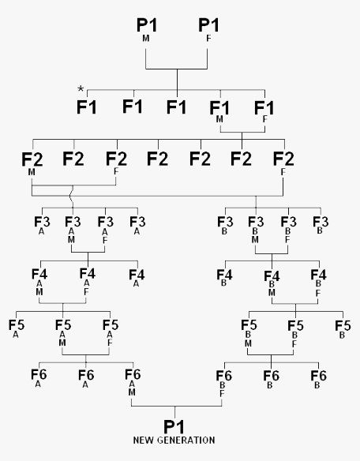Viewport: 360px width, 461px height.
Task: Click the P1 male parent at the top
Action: [x=147, y=28]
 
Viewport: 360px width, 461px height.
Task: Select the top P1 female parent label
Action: [x=208, y=28]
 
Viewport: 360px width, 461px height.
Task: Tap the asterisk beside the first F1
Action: [x=81, y=88]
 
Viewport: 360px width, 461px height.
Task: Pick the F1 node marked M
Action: [x=219, y=111]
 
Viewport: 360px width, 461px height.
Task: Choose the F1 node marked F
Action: [x=264, y=111]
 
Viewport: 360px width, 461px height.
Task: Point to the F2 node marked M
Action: [x=32, y=163]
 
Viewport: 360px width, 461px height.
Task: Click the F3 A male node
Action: [x=73, y=230]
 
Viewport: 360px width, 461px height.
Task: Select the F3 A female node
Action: [x=105, y=230]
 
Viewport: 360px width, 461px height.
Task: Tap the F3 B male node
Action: [x=256, y=230]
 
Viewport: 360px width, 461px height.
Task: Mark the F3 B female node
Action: [x=288, y=230]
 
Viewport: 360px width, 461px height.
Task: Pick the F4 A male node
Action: [x=39, y=283]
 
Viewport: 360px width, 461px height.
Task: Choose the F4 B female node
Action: [x=318, y=283]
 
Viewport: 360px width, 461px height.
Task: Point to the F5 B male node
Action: [x=249, y=333]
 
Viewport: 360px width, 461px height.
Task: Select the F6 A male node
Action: [x=133, y=382]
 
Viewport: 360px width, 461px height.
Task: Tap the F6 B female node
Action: [x=224, y=384]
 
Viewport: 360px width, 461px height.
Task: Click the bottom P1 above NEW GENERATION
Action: [x=174, y=426]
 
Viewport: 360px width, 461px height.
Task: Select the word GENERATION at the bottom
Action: [x=186, y=440]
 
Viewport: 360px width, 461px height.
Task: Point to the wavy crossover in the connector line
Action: [x=72, y=197]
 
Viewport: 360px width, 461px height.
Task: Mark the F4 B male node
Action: [x=272, y=283]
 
